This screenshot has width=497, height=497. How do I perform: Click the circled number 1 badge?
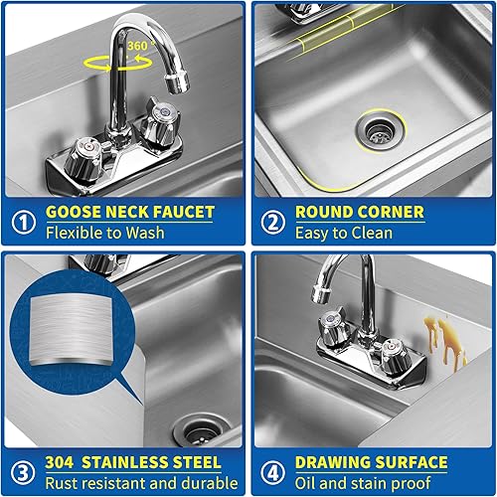[x=23, y=221]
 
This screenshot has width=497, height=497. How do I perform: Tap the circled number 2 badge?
[x=272, y=221]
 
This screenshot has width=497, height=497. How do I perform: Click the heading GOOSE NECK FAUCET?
[x=128, y=212]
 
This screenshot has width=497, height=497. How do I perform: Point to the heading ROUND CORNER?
[x=359, y=212]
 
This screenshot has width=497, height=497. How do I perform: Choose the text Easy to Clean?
[x=344, y=234]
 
